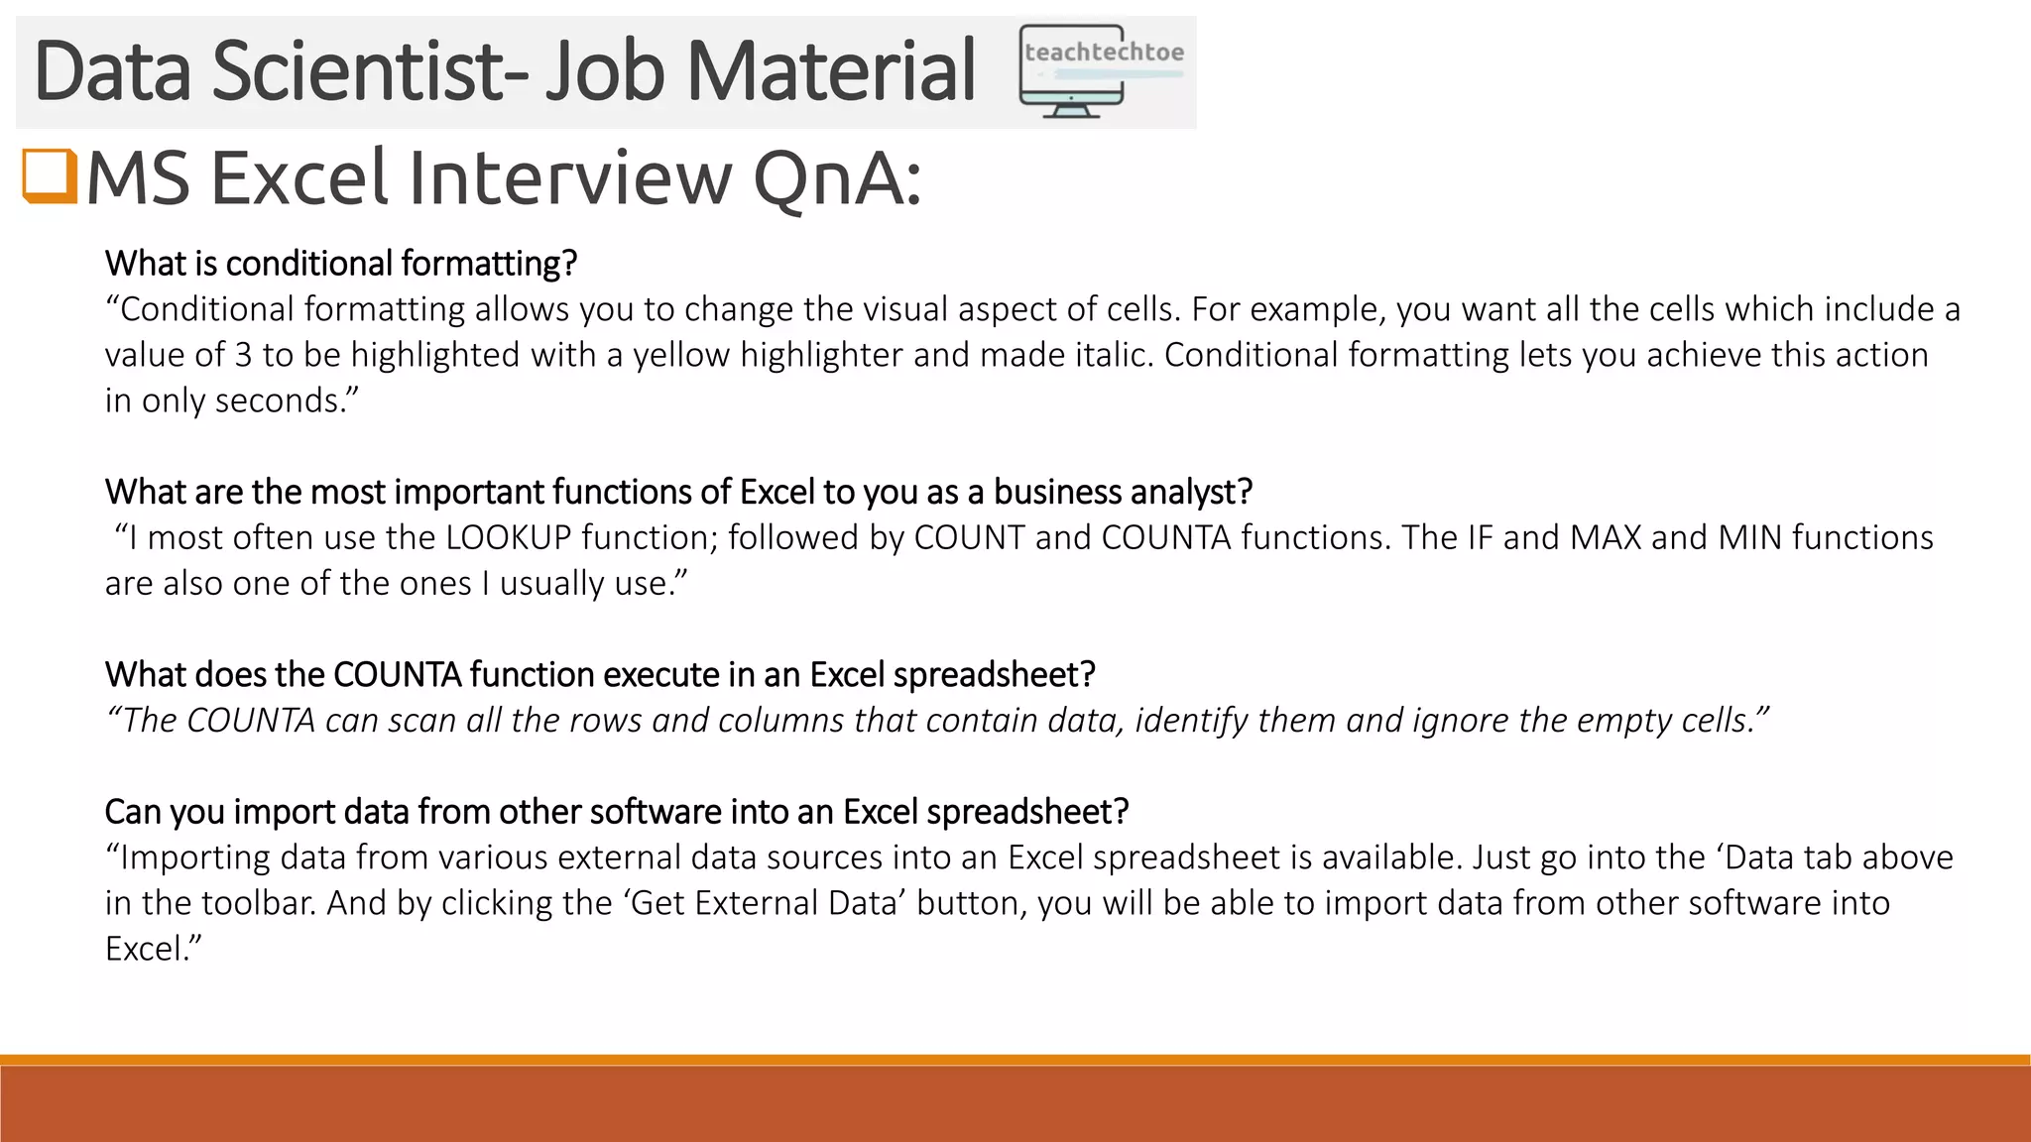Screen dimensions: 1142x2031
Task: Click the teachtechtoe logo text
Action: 1104,52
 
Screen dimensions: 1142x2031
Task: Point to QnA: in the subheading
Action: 838,178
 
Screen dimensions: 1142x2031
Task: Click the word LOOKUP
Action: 509,537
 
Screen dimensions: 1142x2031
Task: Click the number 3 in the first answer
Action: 243,355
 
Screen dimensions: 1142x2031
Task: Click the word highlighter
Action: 821,355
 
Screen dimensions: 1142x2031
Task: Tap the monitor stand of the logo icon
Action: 1071,109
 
